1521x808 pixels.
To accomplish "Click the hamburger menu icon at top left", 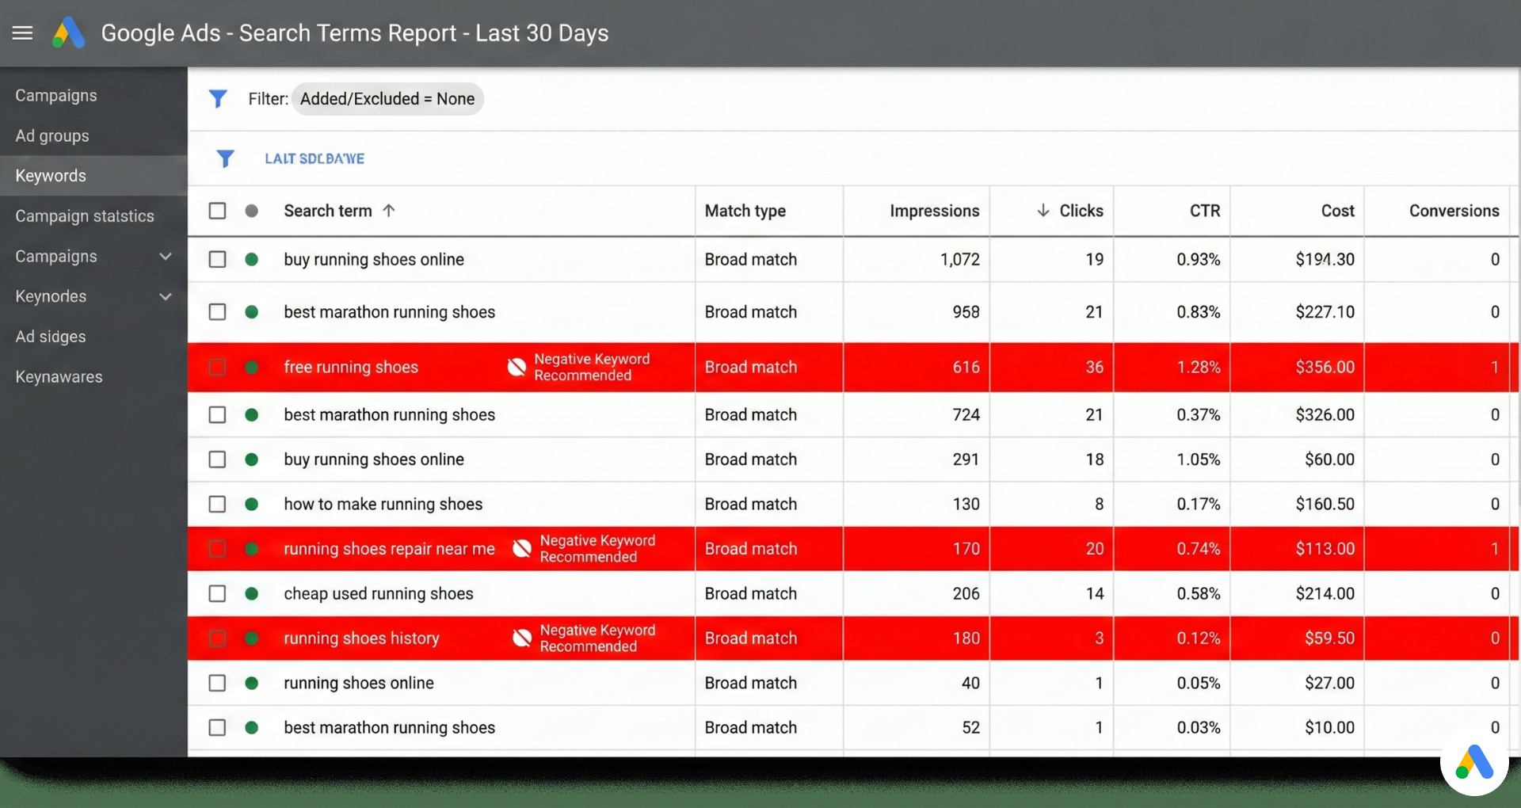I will coord(22,33).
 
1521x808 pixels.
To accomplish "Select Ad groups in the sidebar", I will coord(52,135).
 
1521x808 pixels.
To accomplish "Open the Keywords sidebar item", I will coord(51,176).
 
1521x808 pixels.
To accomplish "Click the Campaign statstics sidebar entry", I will coord(85,216).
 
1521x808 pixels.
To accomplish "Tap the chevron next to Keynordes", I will coord(166,296).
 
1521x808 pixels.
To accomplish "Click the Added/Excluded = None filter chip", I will coord(387,99).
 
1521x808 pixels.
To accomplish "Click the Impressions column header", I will coord(934,211).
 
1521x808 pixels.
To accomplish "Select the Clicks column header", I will coord(1081,211).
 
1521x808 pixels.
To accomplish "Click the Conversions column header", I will coord(1454,211).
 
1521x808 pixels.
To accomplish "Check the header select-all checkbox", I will coord(217,211).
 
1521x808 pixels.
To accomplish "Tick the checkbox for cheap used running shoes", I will coord(217,593).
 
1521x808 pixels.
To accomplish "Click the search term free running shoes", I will coord(351,367).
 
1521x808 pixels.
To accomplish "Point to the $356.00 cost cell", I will coord(1325,367).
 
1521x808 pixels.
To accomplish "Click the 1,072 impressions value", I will coord(959,259).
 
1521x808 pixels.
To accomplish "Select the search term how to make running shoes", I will coord(383,504).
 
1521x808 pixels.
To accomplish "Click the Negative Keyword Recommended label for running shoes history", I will coord(597,638).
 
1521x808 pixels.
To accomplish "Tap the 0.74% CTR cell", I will coord(1198,549).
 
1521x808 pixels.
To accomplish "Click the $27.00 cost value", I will coord(1329,683).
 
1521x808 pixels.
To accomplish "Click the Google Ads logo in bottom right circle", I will coord(1474,762).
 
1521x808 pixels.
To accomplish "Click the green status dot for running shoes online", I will coord(252,683).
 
